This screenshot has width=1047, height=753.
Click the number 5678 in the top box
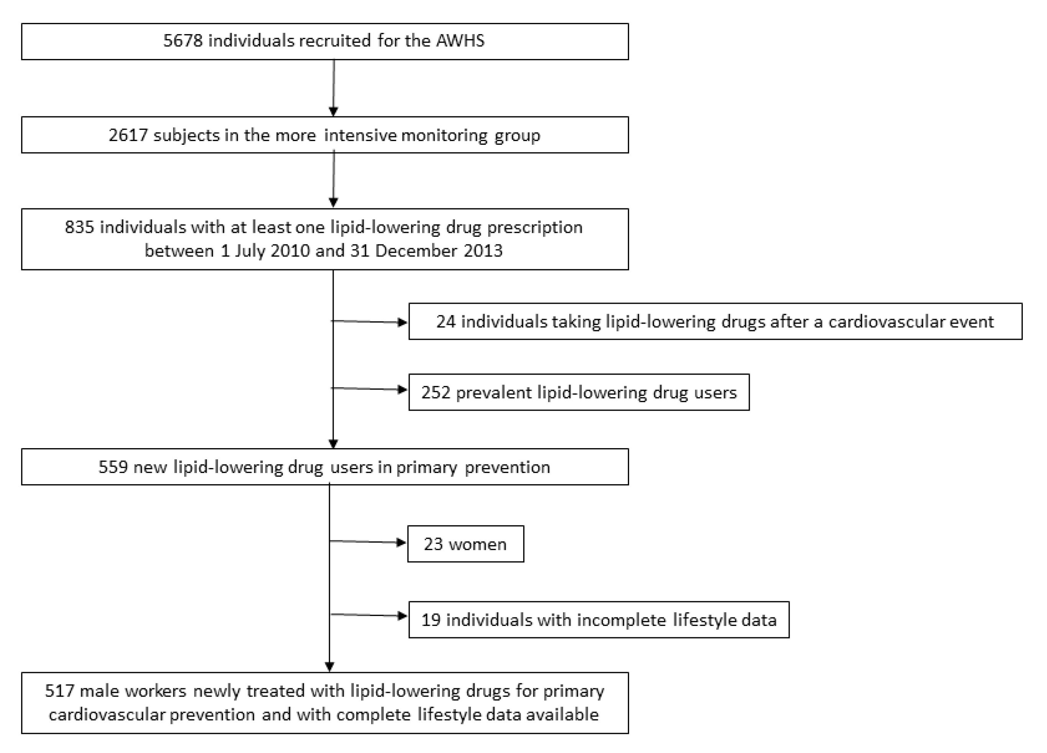click(183, 41)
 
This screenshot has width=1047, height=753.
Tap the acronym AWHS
click(460, 41)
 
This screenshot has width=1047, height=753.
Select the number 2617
click(128, 135)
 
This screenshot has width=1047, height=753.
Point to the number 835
click(79, 227)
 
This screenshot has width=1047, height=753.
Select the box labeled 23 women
click(465, 544)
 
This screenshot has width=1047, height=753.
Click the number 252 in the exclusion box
click(435, 393)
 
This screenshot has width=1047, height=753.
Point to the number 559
click(113, 467)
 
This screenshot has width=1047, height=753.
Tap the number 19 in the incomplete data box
click(431, 620)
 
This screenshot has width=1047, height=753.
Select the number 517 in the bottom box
click(59, 691)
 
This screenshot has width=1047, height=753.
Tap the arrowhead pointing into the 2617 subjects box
click(333, 112)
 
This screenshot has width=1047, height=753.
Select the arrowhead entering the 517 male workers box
click(329, 667)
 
